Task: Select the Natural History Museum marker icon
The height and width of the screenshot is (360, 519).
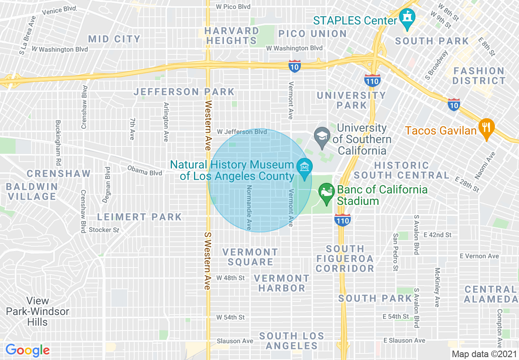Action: coord(305,168)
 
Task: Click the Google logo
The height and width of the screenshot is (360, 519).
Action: coord(27,350)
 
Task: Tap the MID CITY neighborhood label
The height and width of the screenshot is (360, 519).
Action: coord(114,39)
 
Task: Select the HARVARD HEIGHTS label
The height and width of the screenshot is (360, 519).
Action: coord(232,36)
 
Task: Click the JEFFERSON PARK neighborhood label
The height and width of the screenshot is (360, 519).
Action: coord(184,92)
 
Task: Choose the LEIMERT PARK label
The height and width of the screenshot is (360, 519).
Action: coord(139,217)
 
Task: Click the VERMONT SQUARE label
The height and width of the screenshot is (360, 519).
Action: coord(250,257)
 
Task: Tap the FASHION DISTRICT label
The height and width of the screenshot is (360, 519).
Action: coord(479,76)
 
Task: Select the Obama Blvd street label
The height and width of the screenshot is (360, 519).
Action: coord(144,171)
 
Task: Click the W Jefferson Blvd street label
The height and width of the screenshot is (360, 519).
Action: coord(241,132)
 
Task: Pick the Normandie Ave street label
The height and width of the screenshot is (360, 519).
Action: coord(248,207)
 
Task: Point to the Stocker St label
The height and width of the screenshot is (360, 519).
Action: coord(104,230)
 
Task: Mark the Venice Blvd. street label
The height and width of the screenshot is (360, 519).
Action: coord(59,11)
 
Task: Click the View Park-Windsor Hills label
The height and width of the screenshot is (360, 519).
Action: coord(37,312)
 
